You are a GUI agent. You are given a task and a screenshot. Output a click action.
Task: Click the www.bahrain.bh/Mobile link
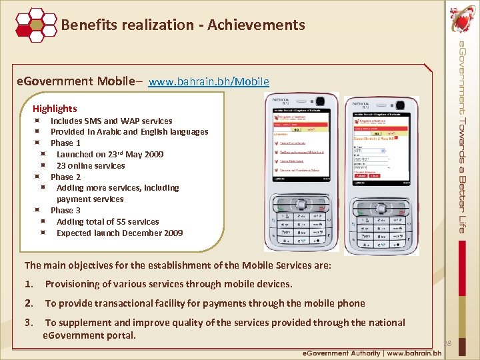209,82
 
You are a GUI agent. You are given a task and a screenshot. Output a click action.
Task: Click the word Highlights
55,109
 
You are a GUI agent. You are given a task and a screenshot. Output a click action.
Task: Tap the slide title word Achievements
256,25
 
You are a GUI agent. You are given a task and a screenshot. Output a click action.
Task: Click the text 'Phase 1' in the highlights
65,143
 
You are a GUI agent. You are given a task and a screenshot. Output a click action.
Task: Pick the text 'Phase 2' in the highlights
65,177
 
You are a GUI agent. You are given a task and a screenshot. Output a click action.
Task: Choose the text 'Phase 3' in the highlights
65,211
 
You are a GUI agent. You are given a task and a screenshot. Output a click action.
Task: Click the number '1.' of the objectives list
29,285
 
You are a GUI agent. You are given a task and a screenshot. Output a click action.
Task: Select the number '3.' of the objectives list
29,323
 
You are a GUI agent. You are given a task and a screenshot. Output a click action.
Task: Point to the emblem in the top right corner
462,19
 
